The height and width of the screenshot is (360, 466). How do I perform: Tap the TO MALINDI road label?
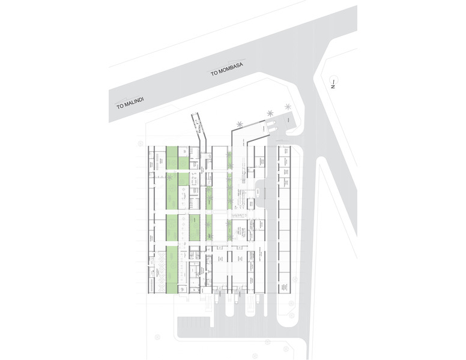(132, 103)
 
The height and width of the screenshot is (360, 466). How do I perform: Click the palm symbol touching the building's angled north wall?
(240, 125)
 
